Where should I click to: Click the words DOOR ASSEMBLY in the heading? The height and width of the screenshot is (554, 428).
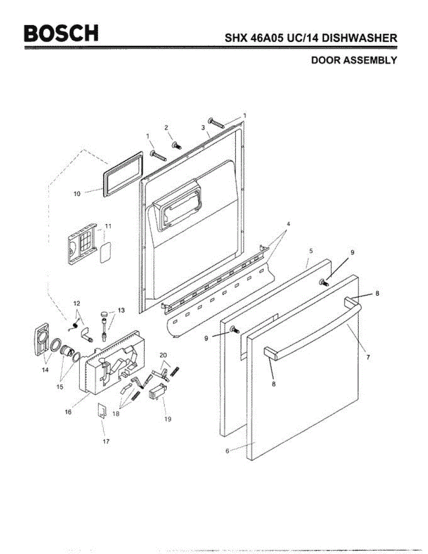pyautogui.click(x=354, y=60)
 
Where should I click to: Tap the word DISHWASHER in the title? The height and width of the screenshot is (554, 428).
pyautogui.click(x=360, y=38)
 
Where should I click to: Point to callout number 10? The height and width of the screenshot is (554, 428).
pyautogui.click(x=77, y=194)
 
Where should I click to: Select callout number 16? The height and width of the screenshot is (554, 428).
pyautogui.click(x=68, y=412)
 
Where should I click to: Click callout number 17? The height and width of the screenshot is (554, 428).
pyautogui.click(x=106, y=441)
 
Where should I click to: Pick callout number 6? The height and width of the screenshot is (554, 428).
pyautogui.click(x=227, y=451)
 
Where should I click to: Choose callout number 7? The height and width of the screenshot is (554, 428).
pyautogui.click(x=368, y=357)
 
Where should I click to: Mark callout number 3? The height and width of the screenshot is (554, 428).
pyautogui.click(x=203, y=126)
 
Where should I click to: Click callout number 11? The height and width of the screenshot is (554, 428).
pyautogui.click(x=108, y=226)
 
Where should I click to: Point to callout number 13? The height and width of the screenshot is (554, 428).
pyautogui.click(x=121, y=310)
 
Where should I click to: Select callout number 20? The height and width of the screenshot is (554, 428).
pyautogui.click(x=163, y=356)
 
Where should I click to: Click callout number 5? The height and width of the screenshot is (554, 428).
pyautogui.click(x=311, y=250)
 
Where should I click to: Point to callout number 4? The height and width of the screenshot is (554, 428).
pyautogui.click(x=288, y=224)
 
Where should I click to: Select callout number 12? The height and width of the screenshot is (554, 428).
pyautogui.click(x=77, y=303)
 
